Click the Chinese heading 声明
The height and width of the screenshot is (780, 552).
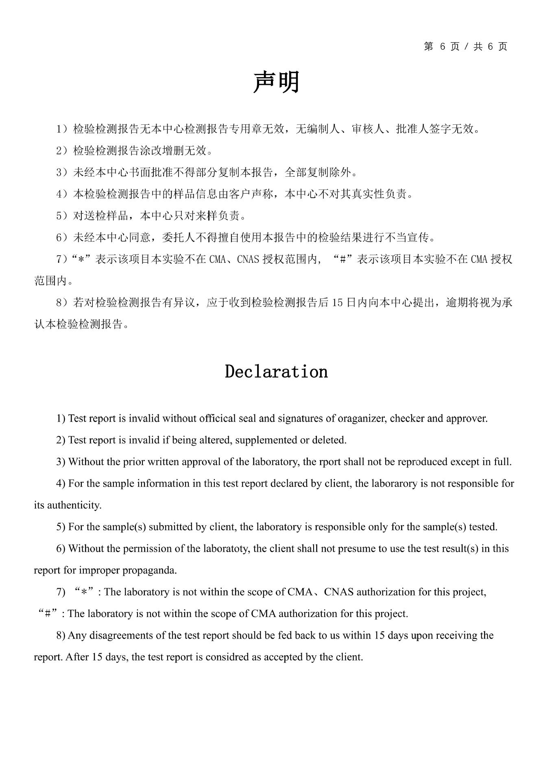(276, 82)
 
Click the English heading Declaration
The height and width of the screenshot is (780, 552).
(276, 372)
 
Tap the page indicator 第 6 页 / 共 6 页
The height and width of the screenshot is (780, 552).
(466, 47)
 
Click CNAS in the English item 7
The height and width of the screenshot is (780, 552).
(338, 592)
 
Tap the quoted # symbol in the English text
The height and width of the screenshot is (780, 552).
(47, 614)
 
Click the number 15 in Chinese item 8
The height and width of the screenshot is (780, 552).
(338, 303)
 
